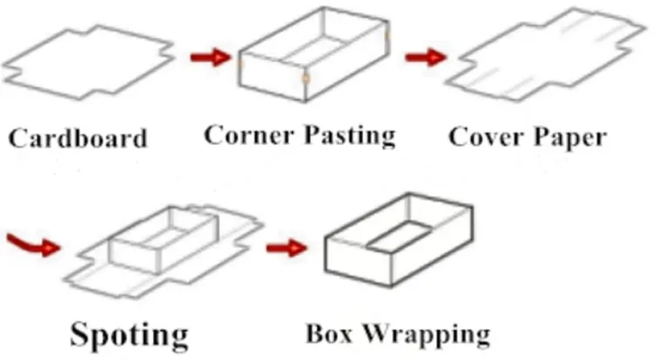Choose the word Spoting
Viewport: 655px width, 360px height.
click(x=129, y=334)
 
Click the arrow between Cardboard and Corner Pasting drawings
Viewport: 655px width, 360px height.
click(x=207, y=59)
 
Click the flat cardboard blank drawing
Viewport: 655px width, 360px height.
click(x=87, y=60)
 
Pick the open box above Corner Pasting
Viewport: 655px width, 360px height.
click(x=314, y=57)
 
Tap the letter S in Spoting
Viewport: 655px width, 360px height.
click(x=80, y=334)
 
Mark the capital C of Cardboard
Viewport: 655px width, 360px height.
click(x=18, y=139)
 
